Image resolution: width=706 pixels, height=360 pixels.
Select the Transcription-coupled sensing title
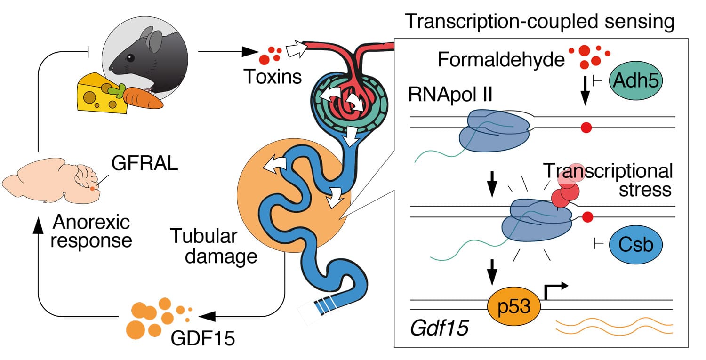(540, 22)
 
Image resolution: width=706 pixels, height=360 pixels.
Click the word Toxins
(273, 76)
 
